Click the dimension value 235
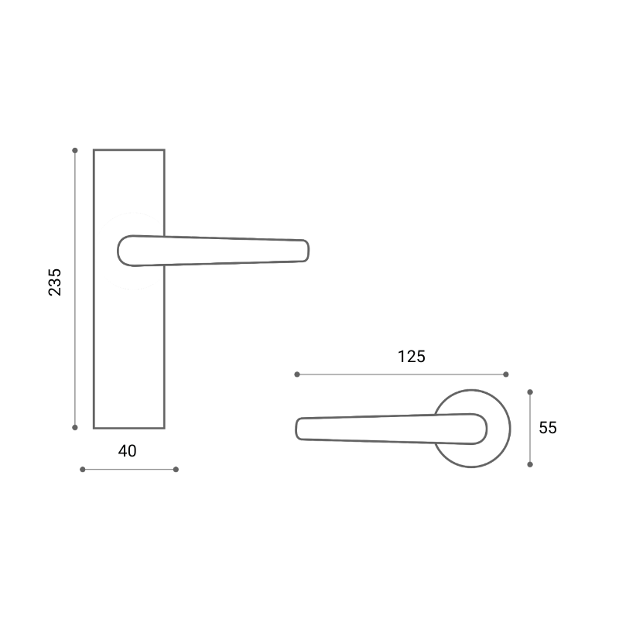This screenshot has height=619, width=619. pos(55,282)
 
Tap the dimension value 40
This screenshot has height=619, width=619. pos(127,451)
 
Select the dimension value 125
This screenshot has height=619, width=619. pos(412,357)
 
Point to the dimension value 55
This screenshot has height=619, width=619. pos(548,428)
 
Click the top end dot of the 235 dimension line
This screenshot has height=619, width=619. pos(75,150)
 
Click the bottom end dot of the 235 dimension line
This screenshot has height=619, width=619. pos(75,428)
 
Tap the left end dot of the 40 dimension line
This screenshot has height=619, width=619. pos(83,470)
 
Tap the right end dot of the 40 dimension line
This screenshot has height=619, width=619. pos(176,470)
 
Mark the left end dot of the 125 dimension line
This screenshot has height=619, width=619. pos(297,374)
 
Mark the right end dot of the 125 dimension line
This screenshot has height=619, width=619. pos(506,374)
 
